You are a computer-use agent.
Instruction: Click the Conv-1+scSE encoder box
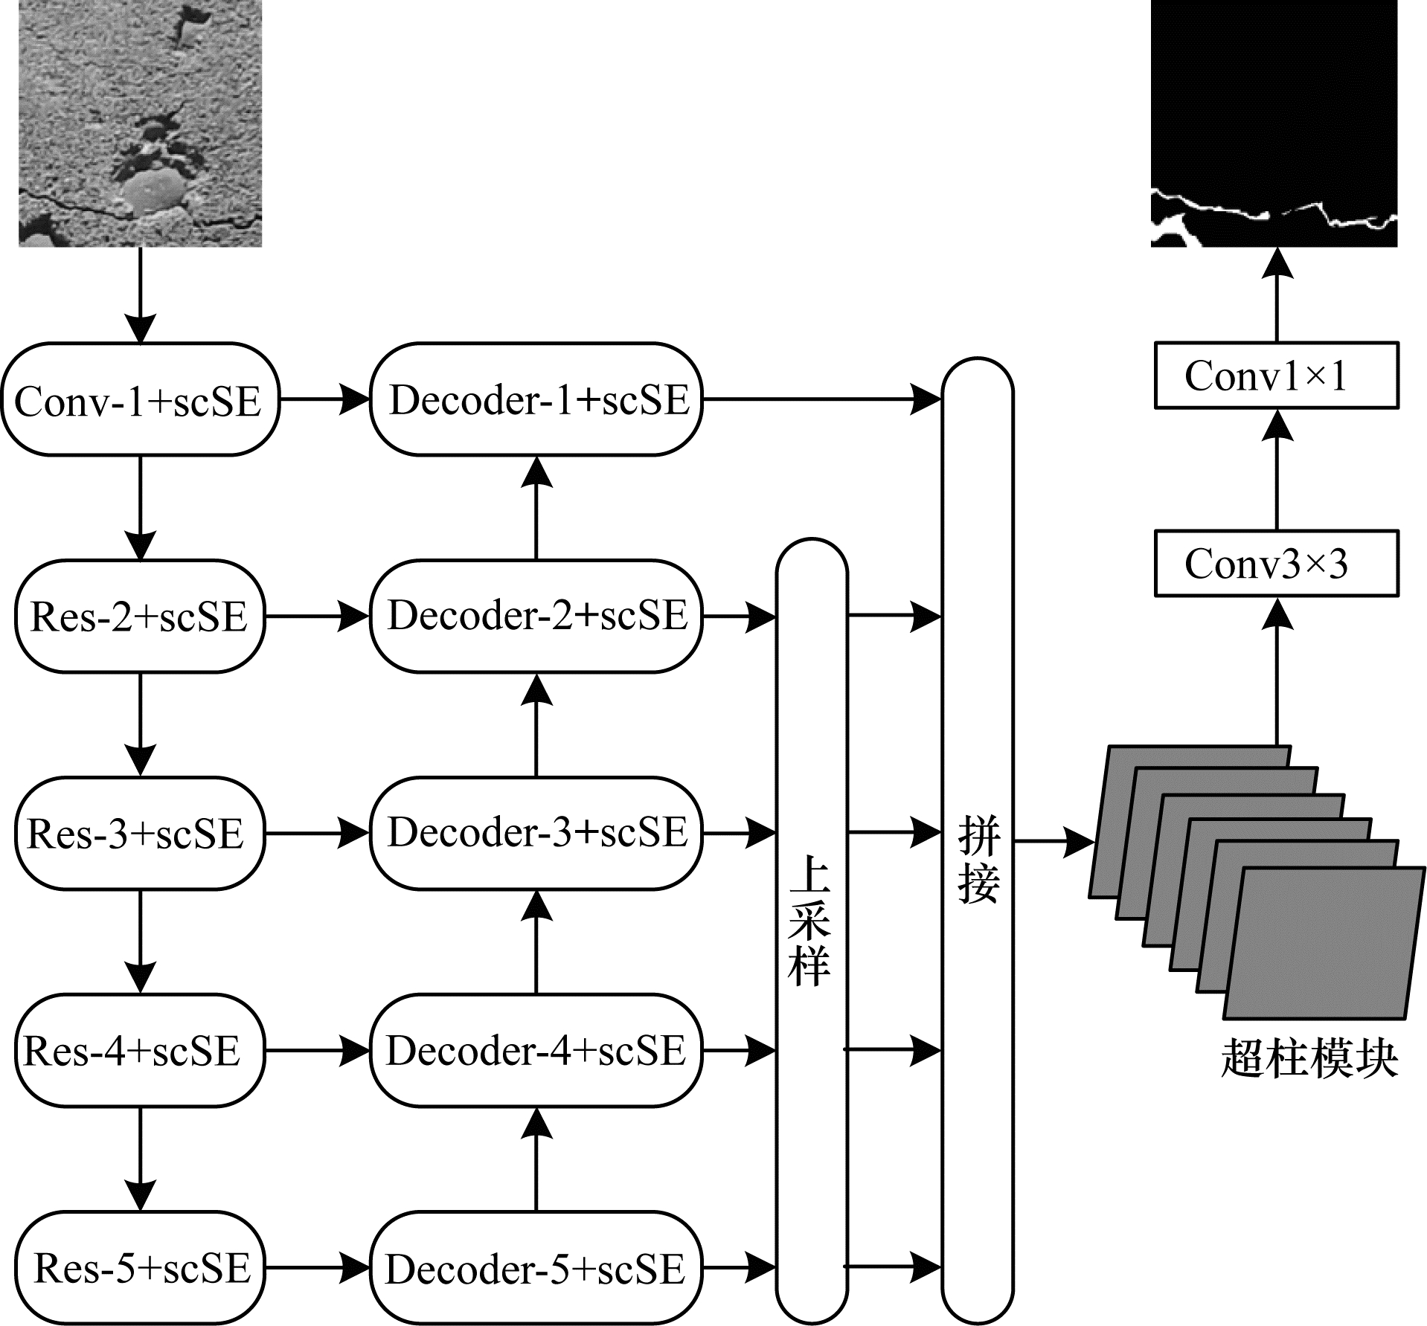140,399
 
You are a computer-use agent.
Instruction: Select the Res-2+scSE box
140,617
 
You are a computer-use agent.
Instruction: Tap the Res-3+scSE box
140,834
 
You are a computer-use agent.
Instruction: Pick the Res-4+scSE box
140,1050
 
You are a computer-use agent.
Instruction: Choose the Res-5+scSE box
140,1267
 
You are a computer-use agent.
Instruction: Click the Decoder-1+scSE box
536,399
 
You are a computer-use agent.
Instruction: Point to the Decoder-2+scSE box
536,617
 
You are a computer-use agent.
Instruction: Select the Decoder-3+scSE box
536,834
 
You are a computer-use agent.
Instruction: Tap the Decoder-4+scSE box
536,1050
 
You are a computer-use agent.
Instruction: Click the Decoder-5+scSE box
536,1267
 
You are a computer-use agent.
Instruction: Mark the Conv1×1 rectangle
1276,376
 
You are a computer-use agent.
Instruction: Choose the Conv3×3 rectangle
1276,563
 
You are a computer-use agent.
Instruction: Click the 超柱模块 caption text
1309,1058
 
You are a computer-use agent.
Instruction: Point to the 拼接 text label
978,860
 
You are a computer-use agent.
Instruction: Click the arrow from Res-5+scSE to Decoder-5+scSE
318,1267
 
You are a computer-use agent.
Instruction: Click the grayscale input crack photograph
140,123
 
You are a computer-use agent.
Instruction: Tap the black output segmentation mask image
1274,123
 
